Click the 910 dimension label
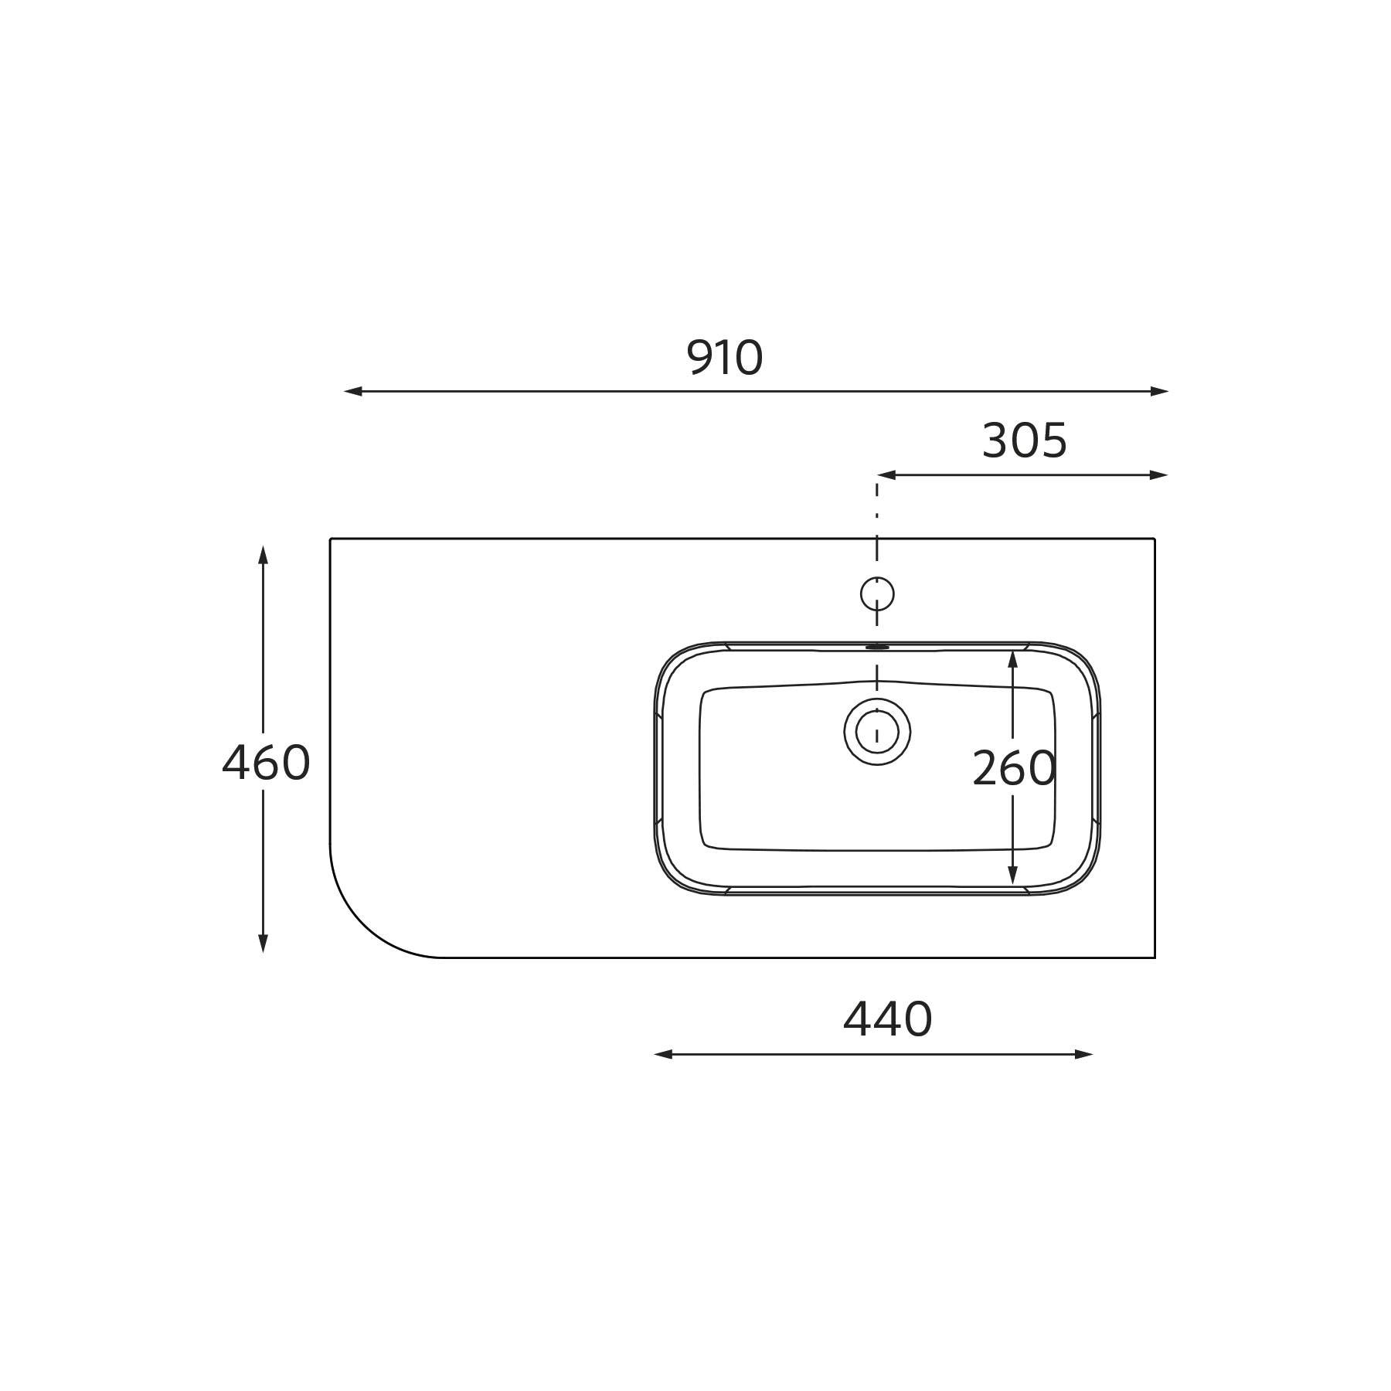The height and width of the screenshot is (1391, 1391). click(724, 359)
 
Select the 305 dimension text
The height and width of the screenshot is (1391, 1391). click(1024, 441)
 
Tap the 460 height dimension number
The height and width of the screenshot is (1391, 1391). click(266, 763)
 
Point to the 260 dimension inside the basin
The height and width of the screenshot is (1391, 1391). click(1013, 769)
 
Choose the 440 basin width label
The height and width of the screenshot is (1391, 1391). click(887, 1019)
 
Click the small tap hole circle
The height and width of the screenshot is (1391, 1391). click(877, 593)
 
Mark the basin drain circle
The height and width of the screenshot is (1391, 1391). click(877, 731)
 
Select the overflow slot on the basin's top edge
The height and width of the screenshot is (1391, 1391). click(877, 647)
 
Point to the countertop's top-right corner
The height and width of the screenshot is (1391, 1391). click(1154, 539)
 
